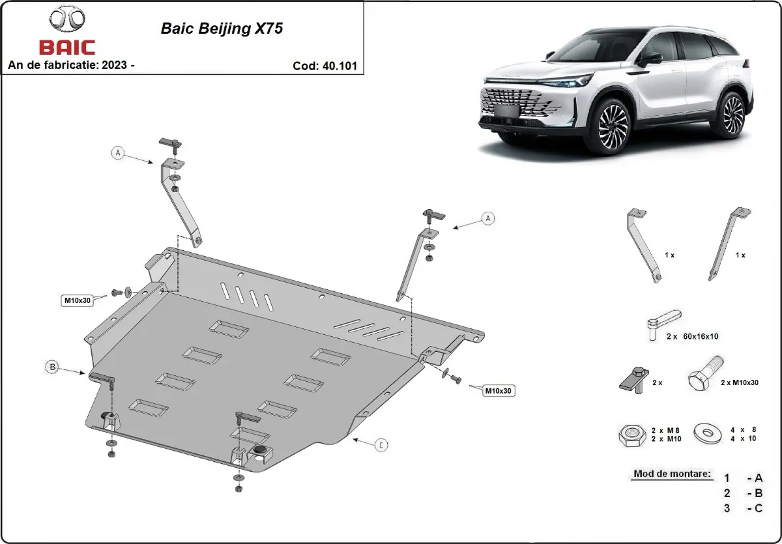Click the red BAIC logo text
pyautogui.click(x=67, y=48)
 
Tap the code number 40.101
pyautogui.click(x=339, y=66)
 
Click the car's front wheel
pyautogui.click(x=612, y=126)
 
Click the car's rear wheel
pyautogui.click(x=732, y=115)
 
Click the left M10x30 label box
pyautogui.click(x=77, y=300)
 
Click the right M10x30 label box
pyautogui.click(x=498, y=391)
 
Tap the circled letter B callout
pyautogui.click(x=52, y=367)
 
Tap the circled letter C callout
pyautogui.click(x=382, y=445)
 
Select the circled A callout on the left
pyautogui.click(x=118, y=152)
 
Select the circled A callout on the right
pyautogui.click(x=487, y=218)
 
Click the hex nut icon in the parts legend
pyautogui.click(x=631, y=435)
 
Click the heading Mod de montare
pyautogui.click(x=671, y=474)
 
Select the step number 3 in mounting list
pyautogui.click(x=727, y=508)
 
